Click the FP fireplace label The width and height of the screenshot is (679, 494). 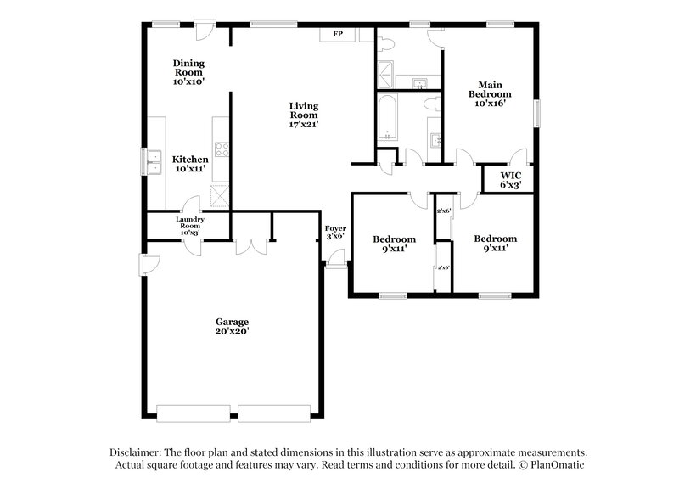point(337,34)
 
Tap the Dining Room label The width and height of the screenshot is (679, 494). point(189,72)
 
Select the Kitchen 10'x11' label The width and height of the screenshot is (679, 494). point(190,164)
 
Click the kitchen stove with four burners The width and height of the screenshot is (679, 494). point(222,149)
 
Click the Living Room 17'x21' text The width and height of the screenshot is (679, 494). point(303,115)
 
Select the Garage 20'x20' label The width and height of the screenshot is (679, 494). point(231,327)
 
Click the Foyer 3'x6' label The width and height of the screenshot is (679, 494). point(334,232)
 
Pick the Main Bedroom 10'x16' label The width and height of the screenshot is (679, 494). point(490,93)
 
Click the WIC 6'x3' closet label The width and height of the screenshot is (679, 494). point(510,179)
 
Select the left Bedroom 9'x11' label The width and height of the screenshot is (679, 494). point(395,244)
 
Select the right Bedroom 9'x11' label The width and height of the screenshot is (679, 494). point(495,244)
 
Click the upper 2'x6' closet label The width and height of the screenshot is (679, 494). point(442,211)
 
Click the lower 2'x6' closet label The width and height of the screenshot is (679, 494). point(442,268)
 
